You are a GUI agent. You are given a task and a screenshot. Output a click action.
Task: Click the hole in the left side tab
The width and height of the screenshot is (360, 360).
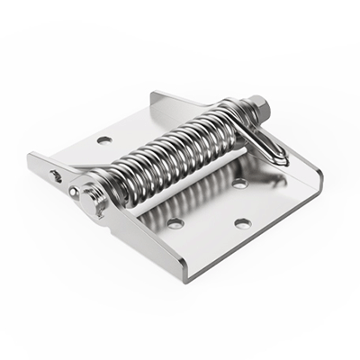pyautogui.click(x=56, y=175)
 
